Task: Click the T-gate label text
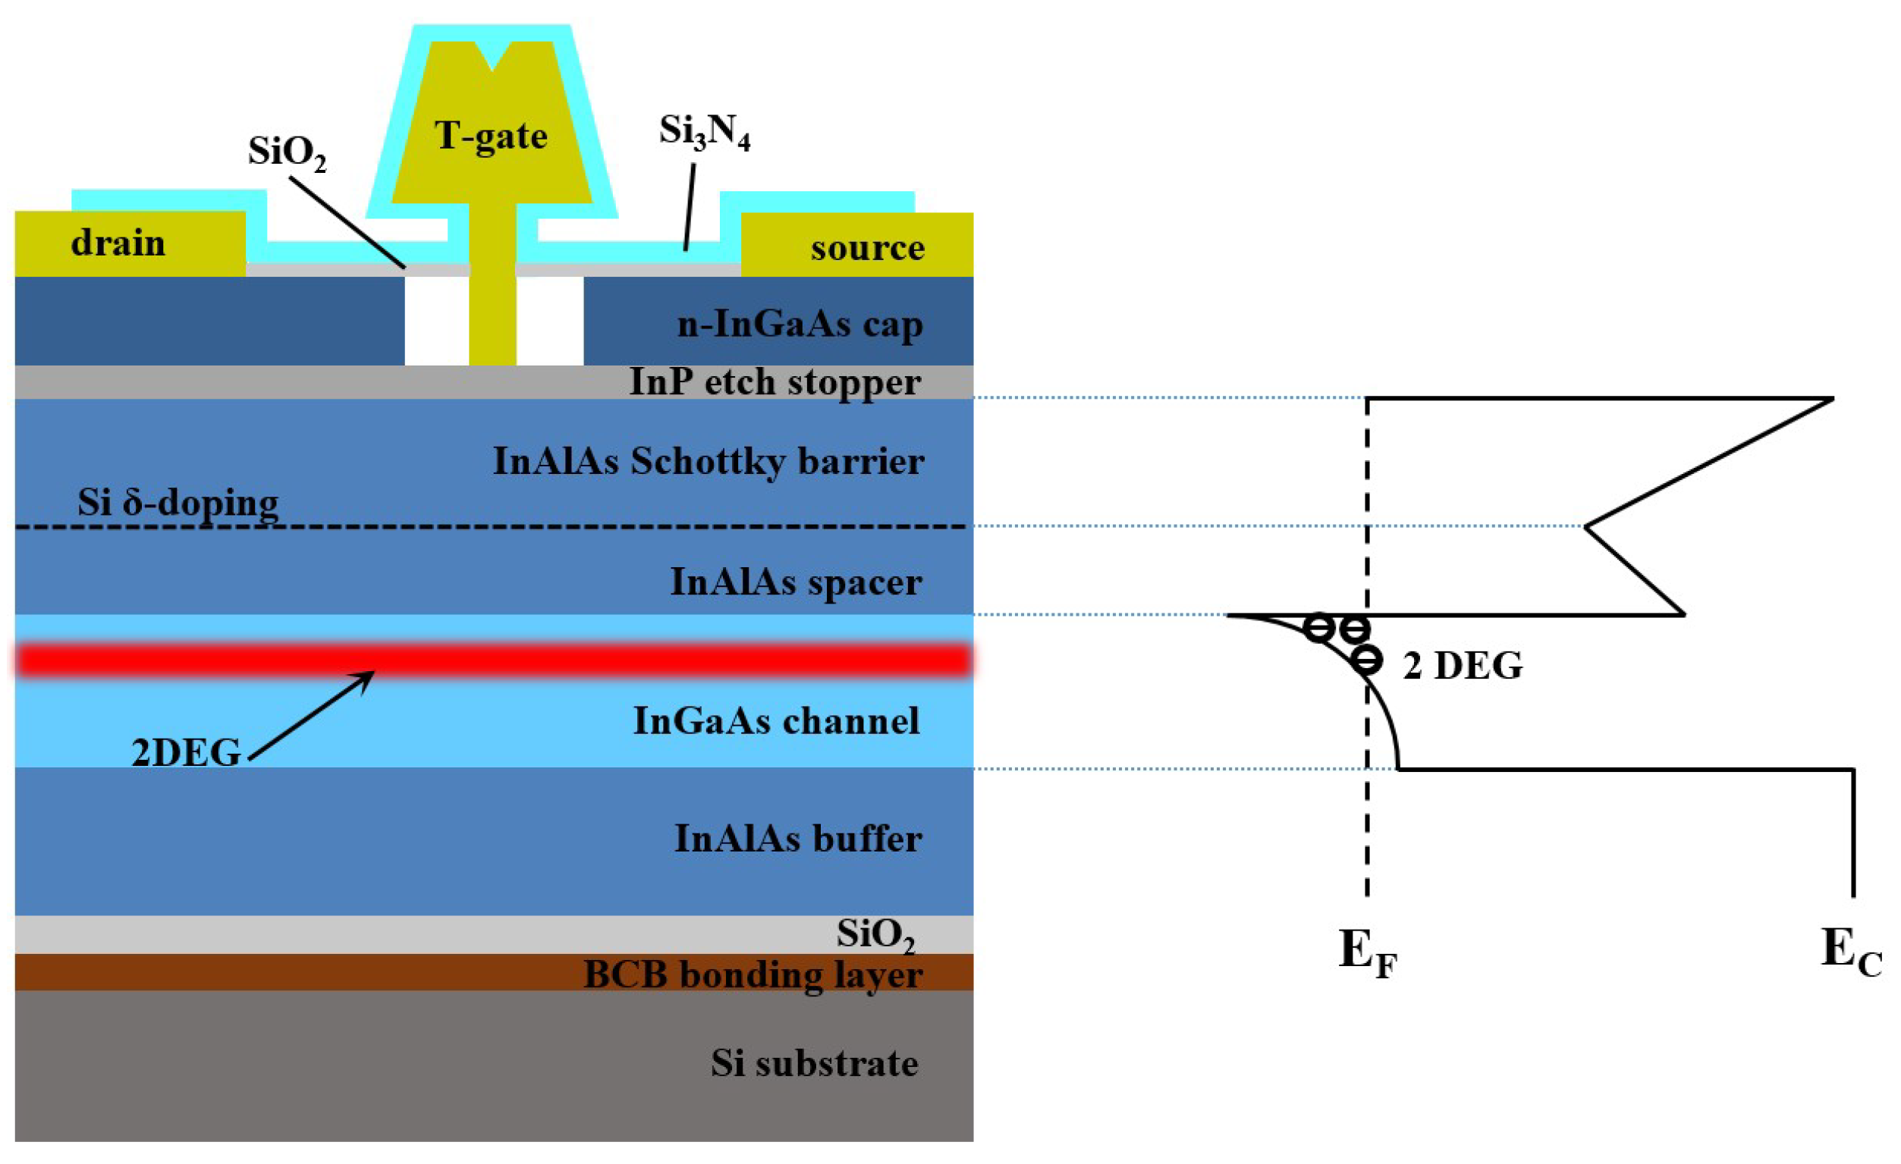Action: pyautogui.click(x=491, y=136)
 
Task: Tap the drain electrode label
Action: pyautogui.click(x=118, y=243)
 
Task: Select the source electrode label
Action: pyautogui.click(x=867, y=249)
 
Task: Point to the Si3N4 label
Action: pyautogui.click(x=705, y=132)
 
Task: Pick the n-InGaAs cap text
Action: pyautogui.click(x=800, y=324)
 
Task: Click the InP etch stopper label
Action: pyautogui.click(x=775, y=382)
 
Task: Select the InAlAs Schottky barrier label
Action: pyautogui.click(x=709, y=461)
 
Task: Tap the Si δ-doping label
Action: pyautogui.click(x=178, y=503)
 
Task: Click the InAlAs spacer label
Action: pyautogui.click(x=796, y=582)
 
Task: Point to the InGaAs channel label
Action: pyautogui.click(x=776, y=721)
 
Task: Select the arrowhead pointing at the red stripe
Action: pyautogui.click(x=367, y=676)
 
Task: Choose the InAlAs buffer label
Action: pyautogui.click(x=798, y=839)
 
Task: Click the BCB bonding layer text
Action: pyautogui.click(x=753, y=974)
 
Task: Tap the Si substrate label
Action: pyautogui.click(x=814, y=1064)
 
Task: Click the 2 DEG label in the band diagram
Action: pyautogui.click(x=1462, y=666)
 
